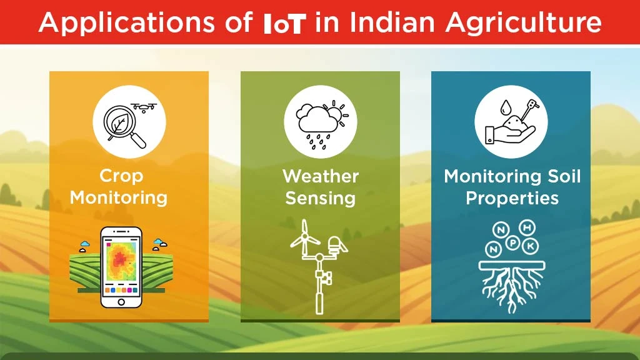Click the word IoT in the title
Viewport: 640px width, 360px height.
point(285,23)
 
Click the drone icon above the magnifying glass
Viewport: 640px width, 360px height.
point(144,107)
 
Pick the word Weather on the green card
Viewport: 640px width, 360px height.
point(320,176)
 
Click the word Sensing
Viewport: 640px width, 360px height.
point(320,199)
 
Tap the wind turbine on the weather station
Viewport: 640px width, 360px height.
point(306,241)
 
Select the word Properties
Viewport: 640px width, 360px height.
point(512,199)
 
